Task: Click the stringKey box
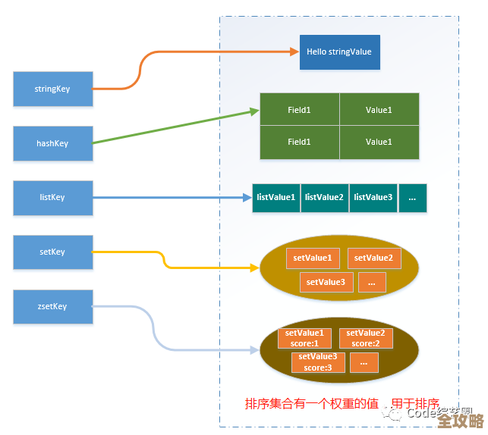point(52,89)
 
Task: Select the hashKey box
point(52,144)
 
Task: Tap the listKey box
point(52,198)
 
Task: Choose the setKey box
point(52,252)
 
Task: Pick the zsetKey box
point(52,307)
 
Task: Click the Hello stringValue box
point(339,52)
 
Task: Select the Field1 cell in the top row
point(299,111)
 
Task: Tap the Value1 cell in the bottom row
point(379,142)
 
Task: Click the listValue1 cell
point(275,198)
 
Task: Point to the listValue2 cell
point(324,198)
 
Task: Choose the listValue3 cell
point(373,198)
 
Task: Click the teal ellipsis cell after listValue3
point(412,198)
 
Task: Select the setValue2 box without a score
point(373,258)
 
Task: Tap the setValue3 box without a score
point(326,283)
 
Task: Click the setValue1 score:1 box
point(304,338)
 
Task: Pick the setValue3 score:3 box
point(318,362)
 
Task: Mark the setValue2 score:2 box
point(366,338)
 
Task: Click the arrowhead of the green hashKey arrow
point(255,111)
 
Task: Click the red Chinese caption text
point(342,404)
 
